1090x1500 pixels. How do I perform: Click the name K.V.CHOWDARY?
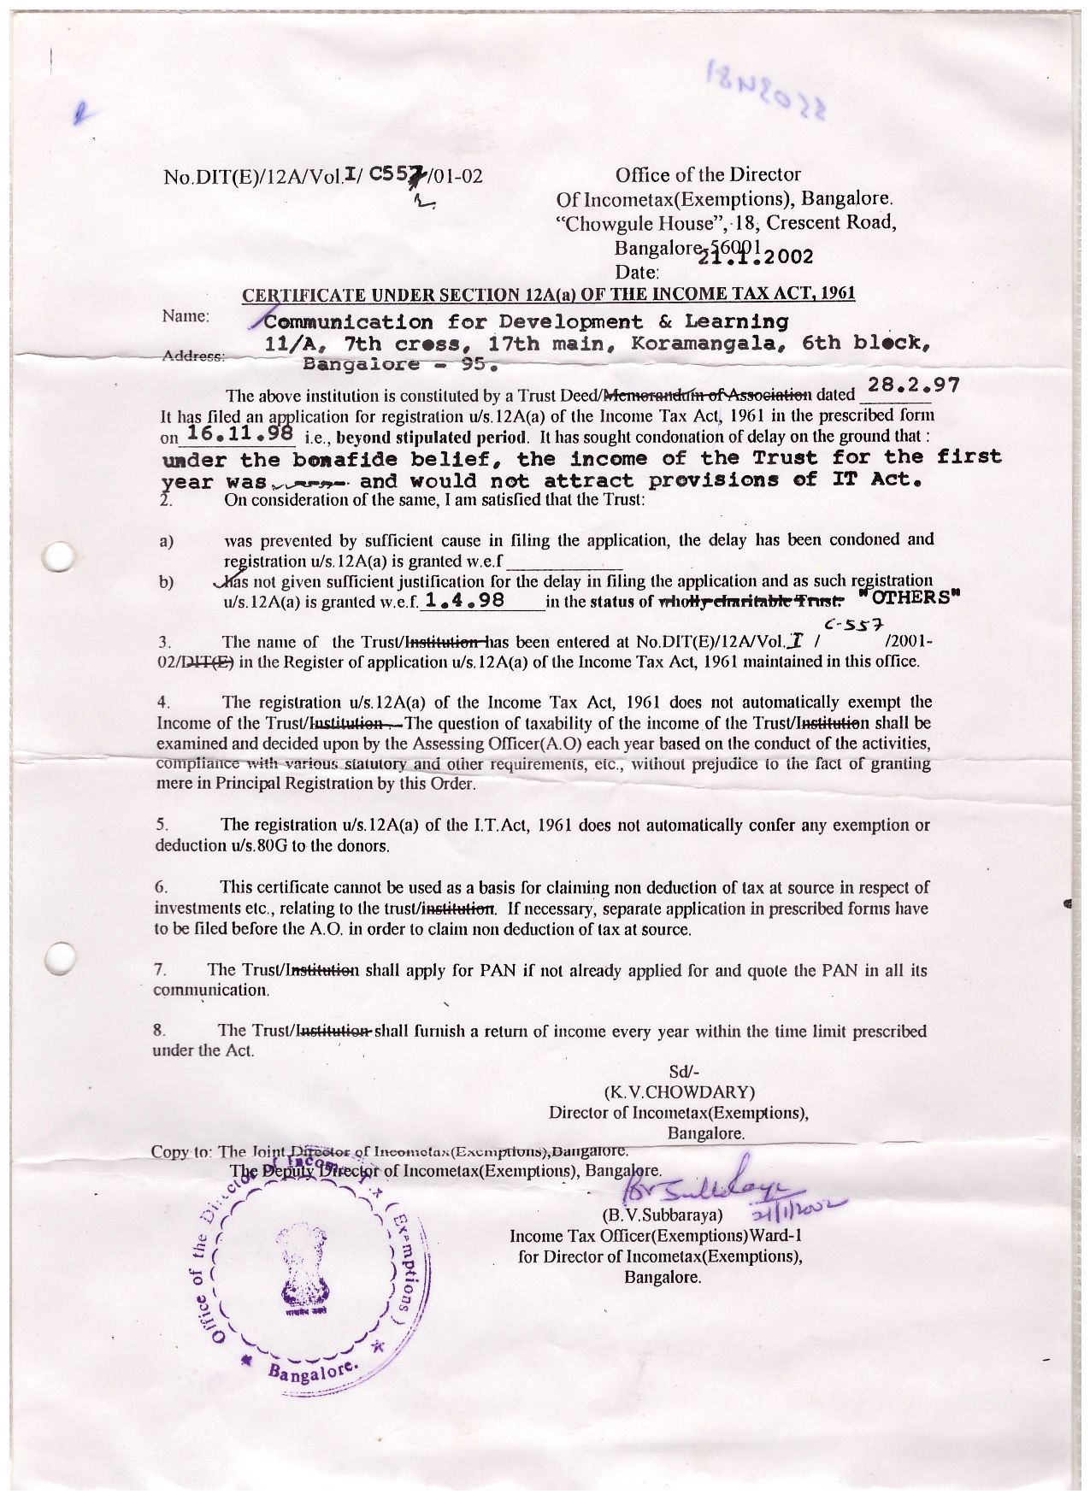[x=679, y=1091]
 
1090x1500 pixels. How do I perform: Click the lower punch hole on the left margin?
[x=60, y=957]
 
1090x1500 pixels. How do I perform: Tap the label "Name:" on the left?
[x=186, y=316]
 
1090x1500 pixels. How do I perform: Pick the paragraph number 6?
[x=161, y=886]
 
